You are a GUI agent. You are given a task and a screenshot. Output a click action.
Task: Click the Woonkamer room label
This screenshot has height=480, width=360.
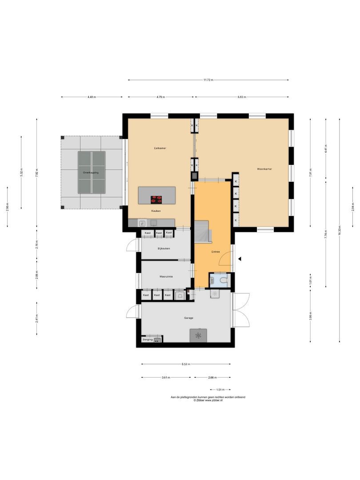click(264, 169)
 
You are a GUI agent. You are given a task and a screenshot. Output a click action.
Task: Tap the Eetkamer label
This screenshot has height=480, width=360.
click(160, 148)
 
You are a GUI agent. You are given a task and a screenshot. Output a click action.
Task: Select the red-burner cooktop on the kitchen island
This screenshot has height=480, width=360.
click(156, 199)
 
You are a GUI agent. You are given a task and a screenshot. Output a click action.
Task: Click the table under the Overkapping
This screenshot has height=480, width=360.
click(92, 172)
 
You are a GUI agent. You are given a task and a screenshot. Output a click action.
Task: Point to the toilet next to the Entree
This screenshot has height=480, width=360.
click(222, 280)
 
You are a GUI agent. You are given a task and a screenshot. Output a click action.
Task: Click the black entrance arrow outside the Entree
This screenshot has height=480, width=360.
click(240, 259)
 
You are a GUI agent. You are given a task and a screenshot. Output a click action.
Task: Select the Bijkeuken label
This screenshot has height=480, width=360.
click(164, 248)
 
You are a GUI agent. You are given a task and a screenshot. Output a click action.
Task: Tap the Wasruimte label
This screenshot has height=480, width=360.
click(166, 276)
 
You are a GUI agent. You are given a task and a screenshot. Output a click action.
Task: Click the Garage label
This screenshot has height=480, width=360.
click(189, 318)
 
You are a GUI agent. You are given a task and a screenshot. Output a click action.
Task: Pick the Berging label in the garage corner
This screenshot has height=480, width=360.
click(148, 340)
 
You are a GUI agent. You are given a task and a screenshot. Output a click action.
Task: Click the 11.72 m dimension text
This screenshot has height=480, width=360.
click(208, 80)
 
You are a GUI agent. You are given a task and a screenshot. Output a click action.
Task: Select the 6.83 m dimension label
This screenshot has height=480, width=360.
click(242, 97)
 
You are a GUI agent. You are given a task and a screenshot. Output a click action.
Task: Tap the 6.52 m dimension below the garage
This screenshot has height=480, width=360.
click(186, 364)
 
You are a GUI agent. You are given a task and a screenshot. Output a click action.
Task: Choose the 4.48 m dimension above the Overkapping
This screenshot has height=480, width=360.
click(92, 97)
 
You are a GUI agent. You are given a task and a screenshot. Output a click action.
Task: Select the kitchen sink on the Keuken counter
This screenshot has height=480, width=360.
click(142, 223)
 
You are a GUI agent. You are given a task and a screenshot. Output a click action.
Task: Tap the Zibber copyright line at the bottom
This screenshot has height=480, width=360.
click(208, 400)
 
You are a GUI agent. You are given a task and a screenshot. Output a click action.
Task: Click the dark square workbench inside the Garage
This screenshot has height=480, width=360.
click(198, 336)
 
